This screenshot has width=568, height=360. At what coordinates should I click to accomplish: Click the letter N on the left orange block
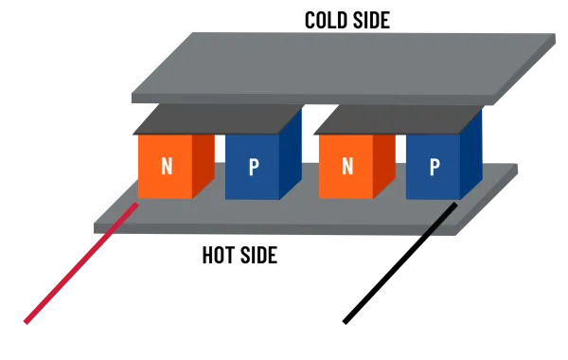point(167,167)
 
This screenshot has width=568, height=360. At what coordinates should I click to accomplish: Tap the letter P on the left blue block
point(253,168)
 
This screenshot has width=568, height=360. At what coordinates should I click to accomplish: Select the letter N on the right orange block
point(347,167)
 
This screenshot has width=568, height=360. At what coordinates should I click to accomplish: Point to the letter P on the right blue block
point(434,168)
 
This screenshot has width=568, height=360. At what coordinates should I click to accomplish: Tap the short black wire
point(441,221)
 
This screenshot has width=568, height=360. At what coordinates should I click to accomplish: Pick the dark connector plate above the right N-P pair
point(398,118)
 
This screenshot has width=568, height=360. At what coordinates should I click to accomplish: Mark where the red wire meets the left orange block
point(136,204)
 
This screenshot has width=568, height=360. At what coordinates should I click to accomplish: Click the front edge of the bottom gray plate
point(256,230)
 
